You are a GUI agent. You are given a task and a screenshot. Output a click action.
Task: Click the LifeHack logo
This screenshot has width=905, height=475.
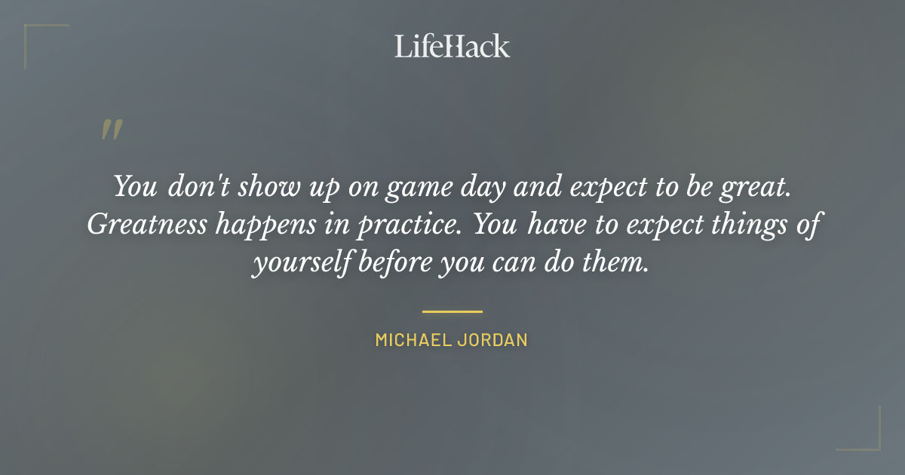point(452,46)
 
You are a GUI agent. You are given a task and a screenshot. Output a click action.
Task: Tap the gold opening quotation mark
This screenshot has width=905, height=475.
point(112,130)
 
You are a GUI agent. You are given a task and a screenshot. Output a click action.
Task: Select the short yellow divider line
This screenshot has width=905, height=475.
point(452,311)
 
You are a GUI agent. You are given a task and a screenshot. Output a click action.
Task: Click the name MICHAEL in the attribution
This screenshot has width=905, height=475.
point(413,340)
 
